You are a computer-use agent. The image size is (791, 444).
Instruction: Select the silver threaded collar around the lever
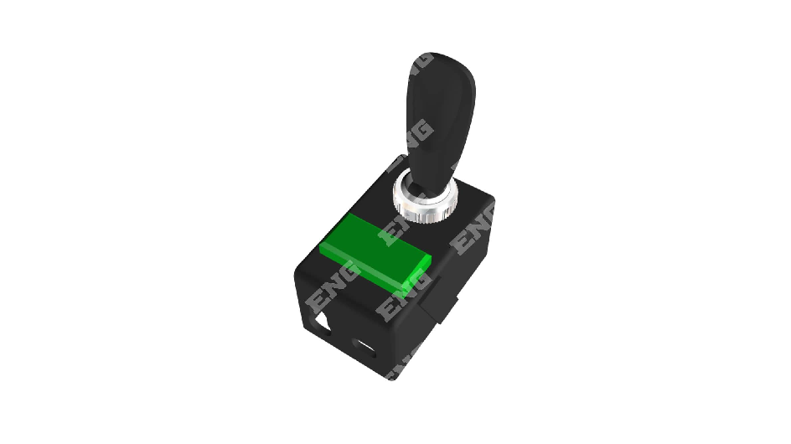pyautogui.click(x=426, y=200)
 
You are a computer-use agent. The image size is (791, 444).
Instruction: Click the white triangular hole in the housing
pyautogui.click(x=321, y=323)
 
